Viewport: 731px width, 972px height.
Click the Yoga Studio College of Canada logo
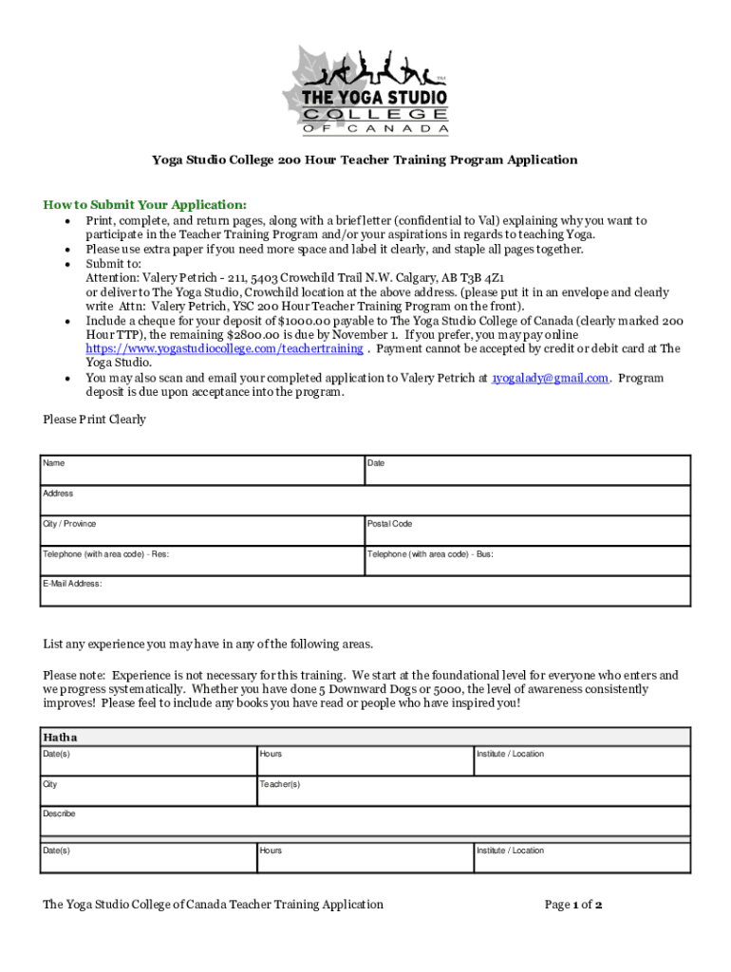(365, 91)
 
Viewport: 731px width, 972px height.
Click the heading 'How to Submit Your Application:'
(145, 205)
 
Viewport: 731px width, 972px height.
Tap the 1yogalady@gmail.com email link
(550, 378)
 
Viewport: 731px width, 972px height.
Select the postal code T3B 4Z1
(484, 278)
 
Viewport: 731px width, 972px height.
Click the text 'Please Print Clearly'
(95, 420)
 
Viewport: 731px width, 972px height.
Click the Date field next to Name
(527, 470)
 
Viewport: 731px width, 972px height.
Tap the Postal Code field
(527, 531)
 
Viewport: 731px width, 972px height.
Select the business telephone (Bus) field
(527, 560)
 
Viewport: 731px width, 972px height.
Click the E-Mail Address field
(365, 590)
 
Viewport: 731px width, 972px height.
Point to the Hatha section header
(61, 738)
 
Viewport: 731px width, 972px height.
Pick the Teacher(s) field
(365, 791)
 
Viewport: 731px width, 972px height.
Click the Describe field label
(59, 813)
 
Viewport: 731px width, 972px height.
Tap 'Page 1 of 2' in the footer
(573, 905)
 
